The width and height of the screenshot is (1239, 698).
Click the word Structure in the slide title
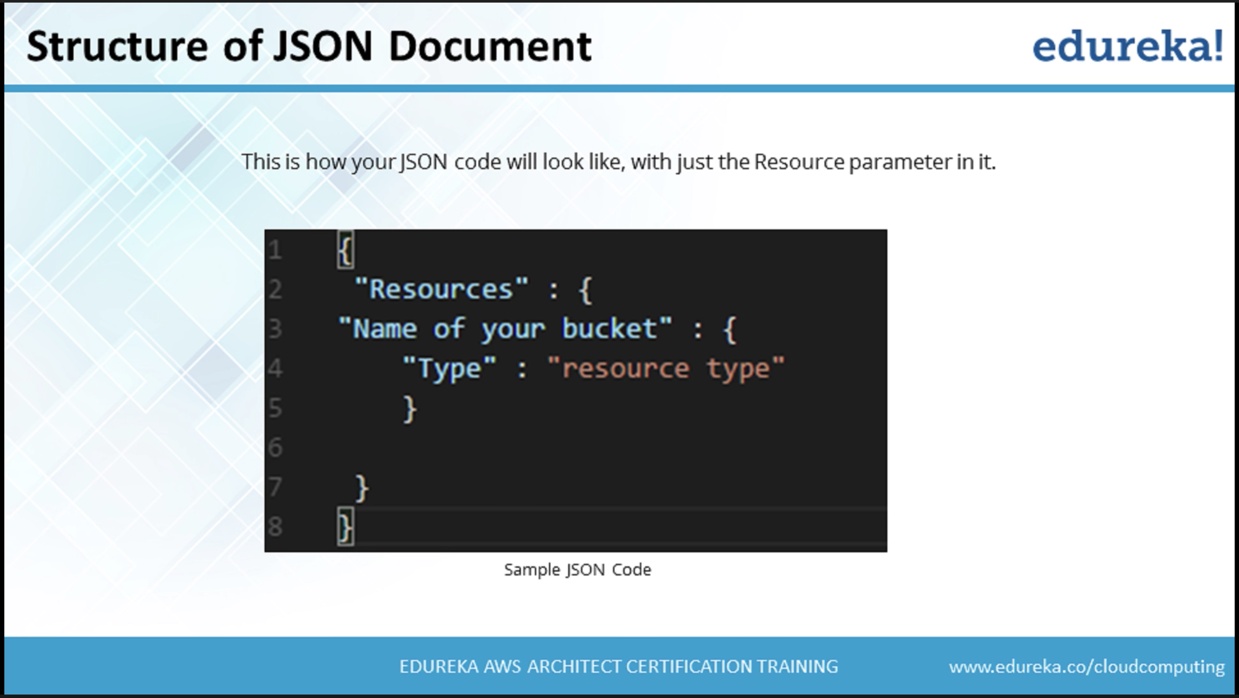118,47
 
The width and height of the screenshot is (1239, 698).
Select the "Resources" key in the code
441,289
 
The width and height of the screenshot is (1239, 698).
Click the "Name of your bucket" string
505,329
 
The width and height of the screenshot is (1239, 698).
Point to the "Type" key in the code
449,369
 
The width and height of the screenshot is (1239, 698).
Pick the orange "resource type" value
666,369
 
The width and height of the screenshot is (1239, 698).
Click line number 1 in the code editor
275,250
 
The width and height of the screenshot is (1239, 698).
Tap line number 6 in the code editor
275,448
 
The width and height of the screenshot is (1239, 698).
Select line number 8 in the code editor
275,526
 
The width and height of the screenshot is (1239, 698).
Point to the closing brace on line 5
409,409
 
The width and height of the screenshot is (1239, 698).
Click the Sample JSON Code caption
577,570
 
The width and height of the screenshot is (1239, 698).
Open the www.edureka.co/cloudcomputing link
1087,667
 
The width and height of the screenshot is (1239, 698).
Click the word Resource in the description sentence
799,162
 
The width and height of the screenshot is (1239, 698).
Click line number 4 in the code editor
275,369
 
